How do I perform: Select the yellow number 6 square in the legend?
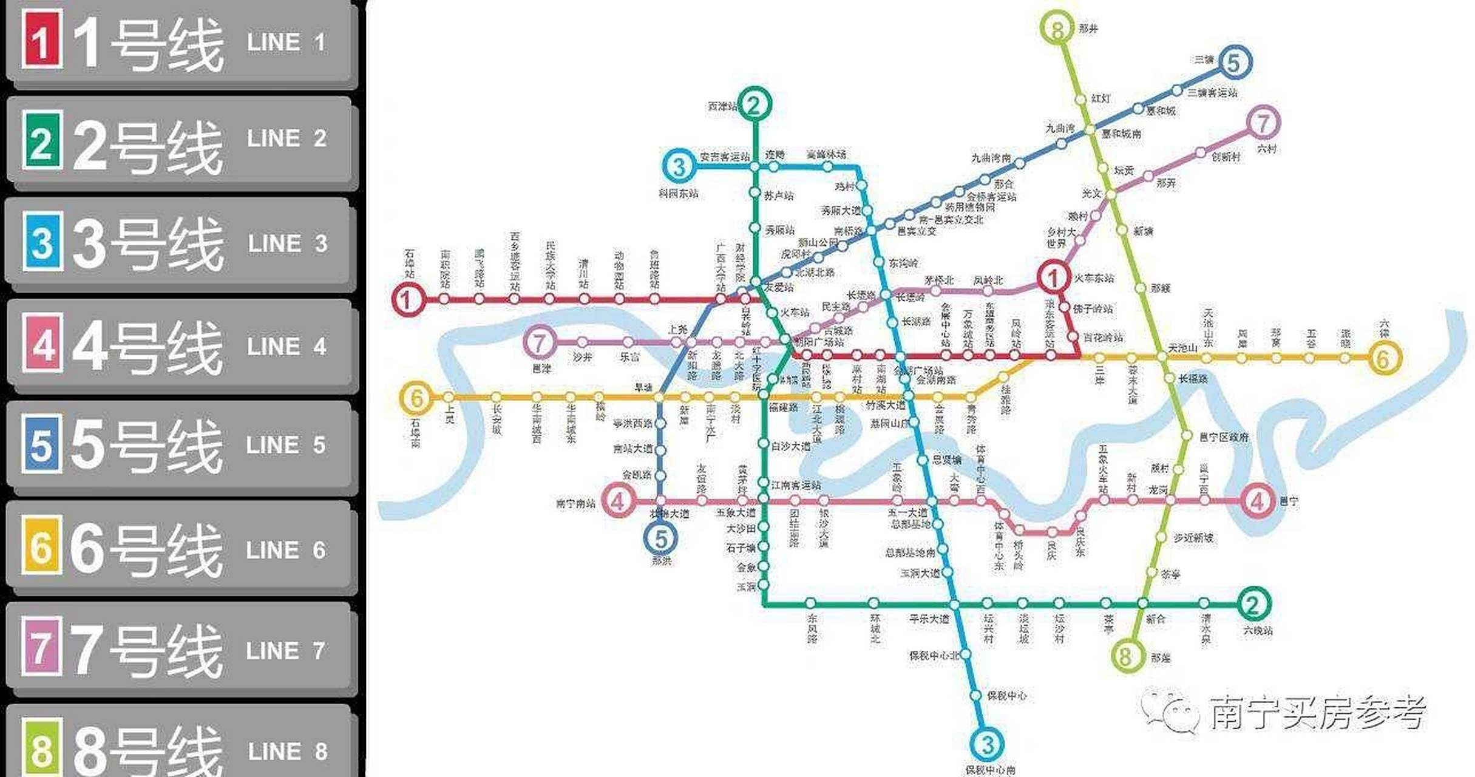point(41,545)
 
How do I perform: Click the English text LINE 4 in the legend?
point(287,347)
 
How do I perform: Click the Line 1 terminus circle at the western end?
point(407,300)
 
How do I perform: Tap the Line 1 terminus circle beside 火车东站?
point(1053,277)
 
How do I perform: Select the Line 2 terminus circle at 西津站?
point(754,104)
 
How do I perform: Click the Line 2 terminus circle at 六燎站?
point(1253,603)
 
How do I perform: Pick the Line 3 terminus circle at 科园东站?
point(679,166)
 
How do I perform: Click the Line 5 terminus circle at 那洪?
point(660,538)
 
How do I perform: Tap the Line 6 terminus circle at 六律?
point(1383,358)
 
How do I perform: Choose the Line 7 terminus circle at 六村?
point(1263,123)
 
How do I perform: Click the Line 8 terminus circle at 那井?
point(1058,28)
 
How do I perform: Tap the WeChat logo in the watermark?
point(1170,711)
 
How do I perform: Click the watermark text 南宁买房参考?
point(1317,712)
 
